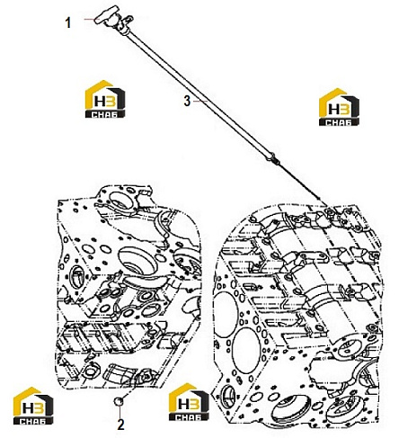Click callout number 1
(68, 22)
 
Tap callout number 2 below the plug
(120, 425)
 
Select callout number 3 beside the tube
(187, 101)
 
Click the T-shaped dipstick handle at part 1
(106, 15)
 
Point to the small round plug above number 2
(120, 401)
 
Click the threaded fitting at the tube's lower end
(274, 158)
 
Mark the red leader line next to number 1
(89, 19)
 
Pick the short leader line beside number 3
(200, 102)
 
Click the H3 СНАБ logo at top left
(105, 99)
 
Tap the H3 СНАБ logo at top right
(339, 107)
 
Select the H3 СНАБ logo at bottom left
(33, 406)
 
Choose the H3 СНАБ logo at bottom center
(189, 402)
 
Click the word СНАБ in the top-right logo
(339, 122)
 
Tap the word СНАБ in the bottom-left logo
(33, 421)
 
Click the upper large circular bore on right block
(226, 310)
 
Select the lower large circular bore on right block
(246, 346)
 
